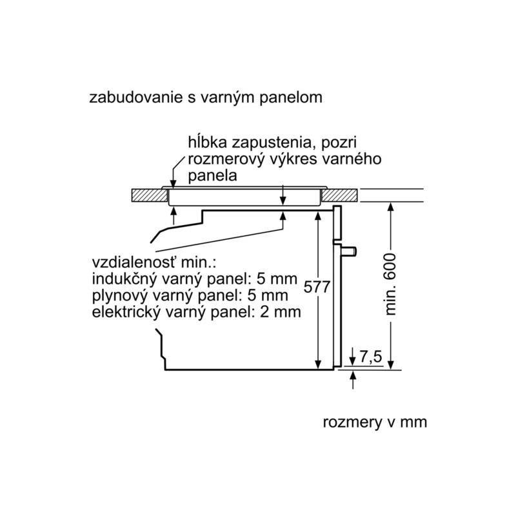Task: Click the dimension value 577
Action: [x=317, y=287]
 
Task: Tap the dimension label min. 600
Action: [x=391, y=284]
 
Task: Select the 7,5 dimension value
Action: [x=370, y=357]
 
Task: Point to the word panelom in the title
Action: [x=291, y=99]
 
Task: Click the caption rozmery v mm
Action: [x=375, y=422]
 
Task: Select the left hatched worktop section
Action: [x=150, y=195]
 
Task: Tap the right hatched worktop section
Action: [x=340, y=195]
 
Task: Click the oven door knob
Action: [x=350, y=251]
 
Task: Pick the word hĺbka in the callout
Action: [x=208, y=143]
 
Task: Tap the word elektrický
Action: [x=126, y=312]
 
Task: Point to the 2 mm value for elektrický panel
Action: [x=281, y=312]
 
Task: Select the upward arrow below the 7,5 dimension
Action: [x=353, y=380]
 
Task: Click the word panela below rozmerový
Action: [x=212, y=176]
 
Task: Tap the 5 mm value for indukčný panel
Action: [x=277, y=279]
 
